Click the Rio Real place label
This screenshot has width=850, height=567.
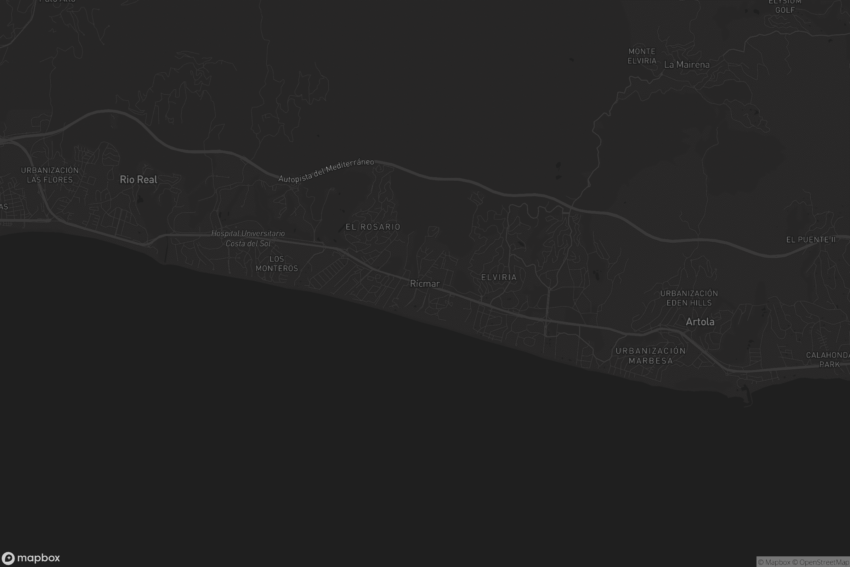138,179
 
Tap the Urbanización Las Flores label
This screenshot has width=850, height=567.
50,175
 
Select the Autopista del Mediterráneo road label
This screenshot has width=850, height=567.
326,170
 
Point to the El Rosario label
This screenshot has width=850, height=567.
373,227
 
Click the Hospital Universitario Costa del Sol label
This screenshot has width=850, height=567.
248,238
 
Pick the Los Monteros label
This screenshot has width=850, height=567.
277,264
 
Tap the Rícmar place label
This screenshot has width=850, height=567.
425,284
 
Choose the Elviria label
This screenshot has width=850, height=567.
499,277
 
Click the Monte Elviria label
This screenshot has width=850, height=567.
642,56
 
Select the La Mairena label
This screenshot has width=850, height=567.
687,65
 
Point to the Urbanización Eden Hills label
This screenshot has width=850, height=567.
689,298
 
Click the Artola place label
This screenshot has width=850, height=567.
700,322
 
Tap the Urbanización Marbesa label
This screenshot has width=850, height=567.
651,356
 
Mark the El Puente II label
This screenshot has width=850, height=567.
811,240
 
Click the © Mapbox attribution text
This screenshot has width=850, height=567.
774,562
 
